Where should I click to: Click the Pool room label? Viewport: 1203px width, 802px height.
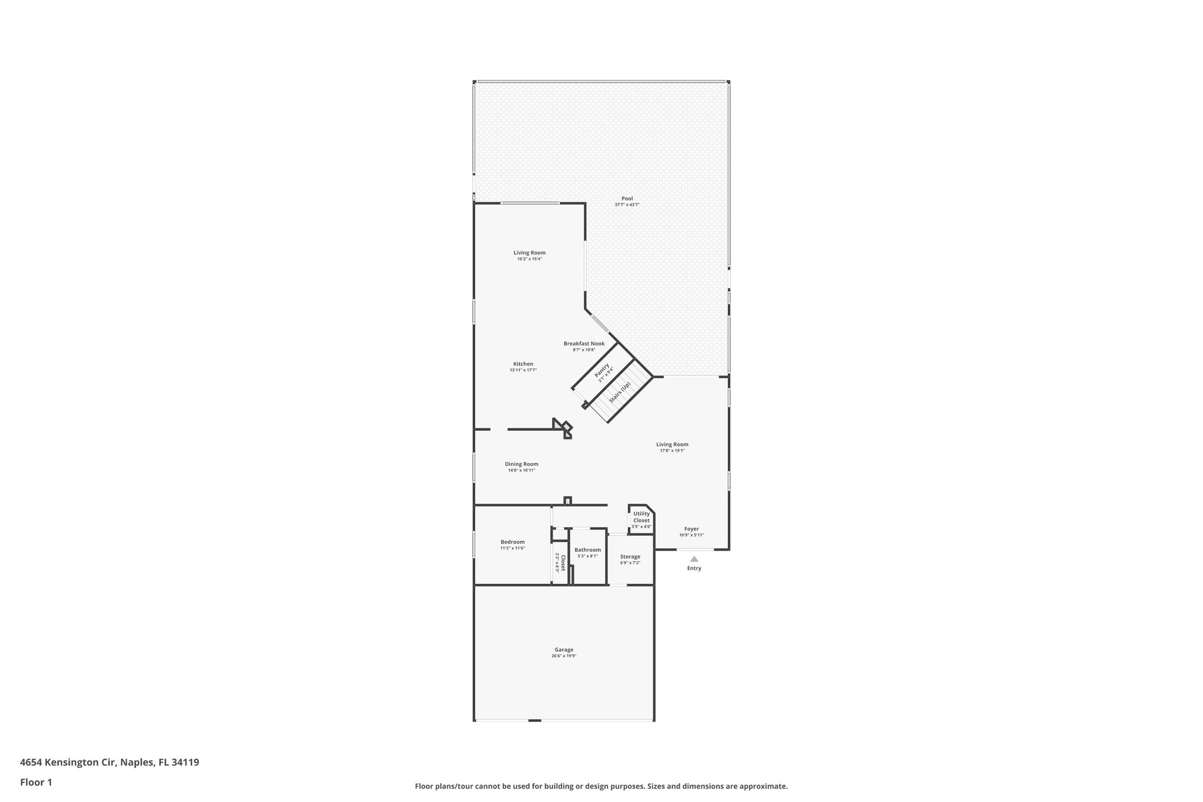(627, 199)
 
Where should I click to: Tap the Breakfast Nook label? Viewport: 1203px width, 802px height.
(584, 344)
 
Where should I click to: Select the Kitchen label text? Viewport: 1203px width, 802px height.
(523, 364)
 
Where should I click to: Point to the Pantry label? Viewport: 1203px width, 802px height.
(602, 371)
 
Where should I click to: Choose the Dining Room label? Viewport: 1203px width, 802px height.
(522, 464)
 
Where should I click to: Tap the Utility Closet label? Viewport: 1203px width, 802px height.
(641, 517)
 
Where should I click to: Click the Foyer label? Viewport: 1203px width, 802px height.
(691, 529)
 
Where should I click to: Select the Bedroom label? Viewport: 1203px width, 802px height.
(512, 542)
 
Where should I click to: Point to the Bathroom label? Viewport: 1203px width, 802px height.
(587, 550)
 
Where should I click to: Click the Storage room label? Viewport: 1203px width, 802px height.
(630, 556)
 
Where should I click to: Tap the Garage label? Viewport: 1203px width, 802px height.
(564, 650)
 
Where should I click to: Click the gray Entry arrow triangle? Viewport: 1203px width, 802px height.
(694, 559)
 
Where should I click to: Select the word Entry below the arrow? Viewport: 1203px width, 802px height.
(694, 568)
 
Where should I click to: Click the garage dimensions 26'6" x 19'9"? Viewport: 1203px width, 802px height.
(564, 656)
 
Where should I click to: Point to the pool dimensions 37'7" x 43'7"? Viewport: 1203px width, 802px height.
(627, 205)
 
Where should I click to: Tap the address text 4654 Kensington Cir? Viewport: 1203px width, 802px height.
(69, 763)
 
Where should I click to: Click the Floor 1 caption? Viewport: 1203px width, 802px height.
(36, 782)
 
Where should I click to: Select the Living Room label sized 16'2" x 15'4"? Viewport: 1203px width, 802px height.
(529, 253)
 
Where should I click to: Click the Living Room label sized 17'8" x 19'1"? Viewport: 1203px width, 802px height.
(672, 445)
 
